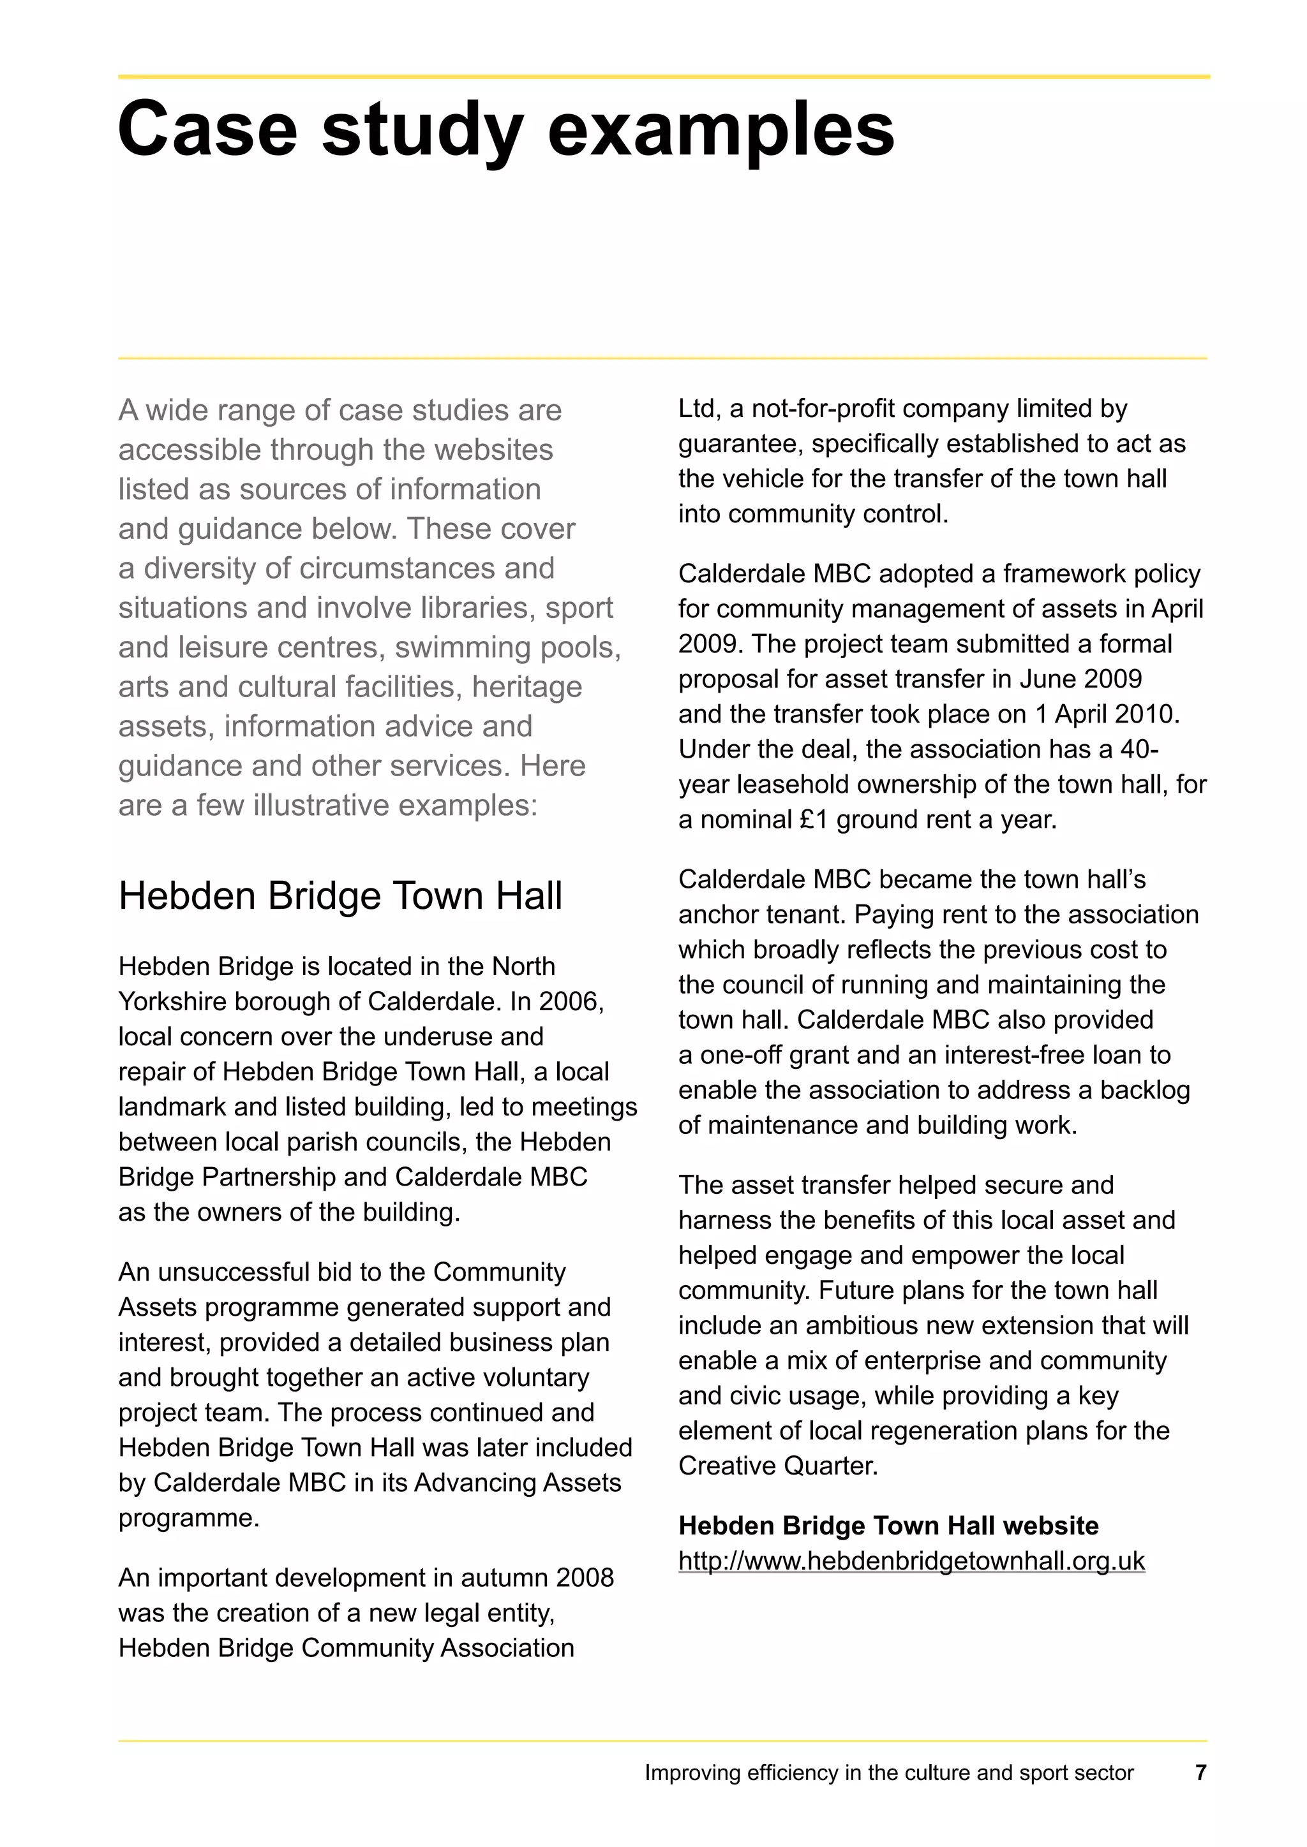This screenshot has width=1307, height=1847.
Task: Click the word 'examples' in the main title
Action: [x=721, y=129]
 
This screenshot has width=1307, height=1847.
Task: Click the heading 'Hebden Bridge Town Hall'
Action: [x=340, y=895]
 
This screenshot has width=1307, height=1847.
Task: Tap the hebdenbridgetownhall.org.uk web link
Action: [x=911, y=1561]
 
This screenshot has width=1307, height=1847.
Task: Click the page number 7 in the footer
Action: [x=1201, y=1772]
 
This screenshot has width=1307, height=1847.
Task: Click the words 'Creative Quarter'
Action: [x=777, y=1466]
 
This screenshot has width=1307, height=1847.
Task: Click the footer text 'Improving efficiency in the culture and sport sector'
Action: [x=888, y=1773]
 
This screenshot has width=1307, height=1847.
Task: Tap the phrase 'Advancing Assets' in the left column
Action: [x=518, y=1483]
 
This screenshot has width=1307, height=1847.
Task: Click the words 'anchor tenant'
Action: [x=761, y=915]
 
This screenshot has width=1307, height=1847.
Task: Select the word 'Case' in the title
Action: [x=207, y=129]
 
